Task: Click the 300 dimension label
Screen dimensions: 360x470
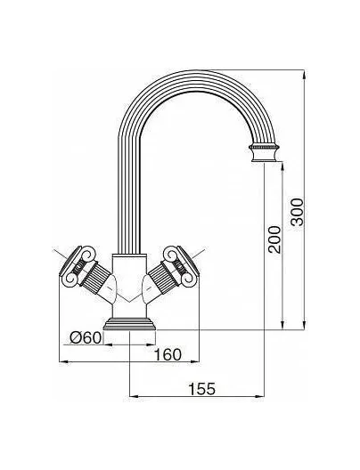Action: pyautogui.click(x=298, y=212)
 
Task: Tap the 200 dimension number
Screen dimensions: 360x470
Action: pyautogui.click(x=274, y=239)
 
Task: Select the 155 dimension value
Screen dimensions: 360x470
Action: pyautogui.click(x=201, y=389)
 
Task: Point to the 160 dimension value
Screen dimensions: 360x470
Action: pyautogui.click(x=168, y=355)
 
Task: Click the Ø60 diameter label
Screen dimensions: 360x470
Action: pyautogui.click(x=86, y=338)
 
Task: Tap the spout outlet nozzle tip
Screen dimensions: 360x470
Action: pyautogui.click(x=264, y=153)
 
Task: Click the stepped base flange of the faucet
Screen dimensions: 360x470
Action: pyautogui.click(x=129, y=324)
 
